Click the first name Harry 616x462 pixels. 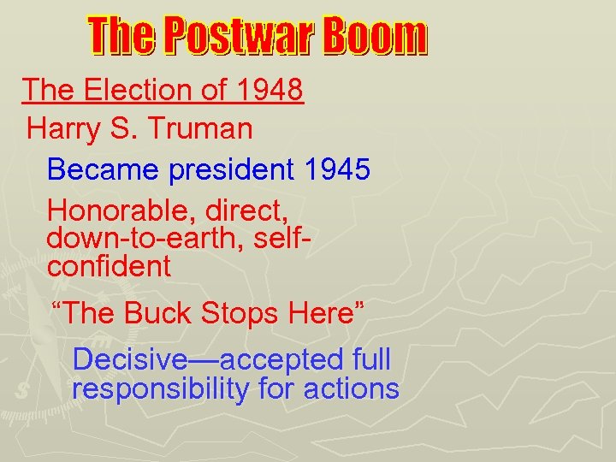pos(65,129)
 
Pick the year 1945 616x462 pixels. pos(336,169)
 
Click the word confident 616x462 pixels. pos(109,266)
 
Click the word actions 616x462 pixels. pos(353,389)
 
